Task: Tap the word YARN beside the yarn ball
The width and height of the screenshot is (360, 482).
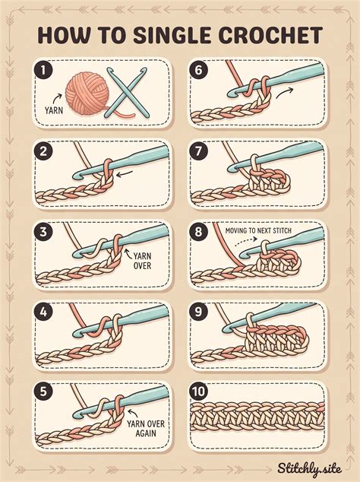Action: click(x=54, y=110)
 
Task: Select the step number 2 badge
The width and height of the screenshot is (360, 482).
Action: click(x=43, y=151)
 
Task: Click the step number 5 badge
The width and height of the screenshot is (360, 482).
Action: click(x=43, y=392)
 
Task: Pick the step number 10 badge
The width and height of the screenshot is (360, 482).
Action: click(x=199, y=392)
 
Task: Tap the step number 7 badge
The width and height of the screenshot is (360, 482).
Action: click(x=198, y=151)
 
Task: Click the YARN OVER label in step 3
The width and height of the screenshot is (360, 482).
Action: click(x=142, y=260)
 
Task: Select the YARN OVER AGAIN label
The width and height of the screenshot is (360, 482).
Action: click(x=146, y=428)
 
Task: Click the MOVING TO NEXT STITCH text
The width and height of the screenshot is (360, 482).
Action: click(x=258, y=230)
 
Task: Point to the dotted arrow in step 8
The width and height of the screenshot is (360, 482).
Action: click(x=246, y=241)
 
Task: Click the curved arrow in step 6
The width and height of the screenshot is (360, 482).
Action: click(x=285, y=93)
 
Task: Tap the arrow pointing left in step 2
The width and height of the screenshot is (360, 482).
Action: click(x=125, y=174)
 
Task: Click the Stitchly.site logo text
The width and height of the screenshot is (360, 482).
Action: click(x=309, y=469)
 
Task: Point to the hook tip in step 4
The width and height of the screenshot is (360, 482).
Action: click(x=75, y=335)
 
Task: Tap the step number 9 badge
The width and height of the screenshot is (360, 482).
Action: click(x=198, y=312)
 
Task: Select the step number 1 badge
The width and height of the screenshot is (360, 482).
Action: click(x=43, y=71)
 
